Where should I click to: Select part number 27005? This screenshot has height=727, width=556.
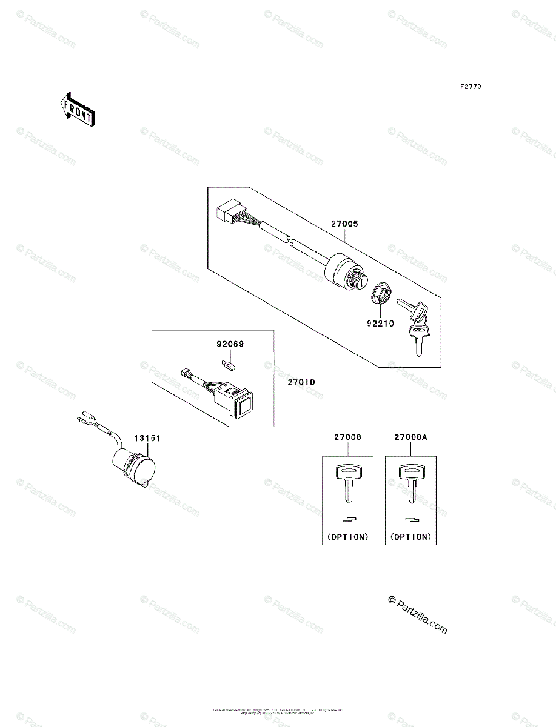click(344, 224)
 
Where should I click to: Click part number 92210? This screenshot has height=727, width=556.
click(380, 324)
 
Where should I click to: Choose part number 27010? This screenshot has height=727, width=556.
click(301, 383)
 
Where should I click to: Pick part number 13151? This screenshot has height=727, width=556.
click(147, 438)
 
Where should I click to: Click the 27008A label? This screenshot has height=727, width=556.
click(412, 437)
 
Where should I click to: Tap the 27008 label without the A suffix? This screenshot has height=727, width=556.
click(347, 437)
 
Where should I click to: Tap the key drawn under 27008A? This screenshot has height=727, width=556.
click(410, 482)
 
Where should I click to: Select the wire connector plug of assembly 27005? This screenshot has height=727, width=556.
click(228, 214)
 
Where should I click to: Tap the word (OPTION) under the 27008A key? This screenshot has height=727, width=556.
click(411, 536)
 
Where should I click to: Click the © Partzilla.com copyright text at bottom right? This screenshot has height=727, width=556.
click(418, 615)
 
